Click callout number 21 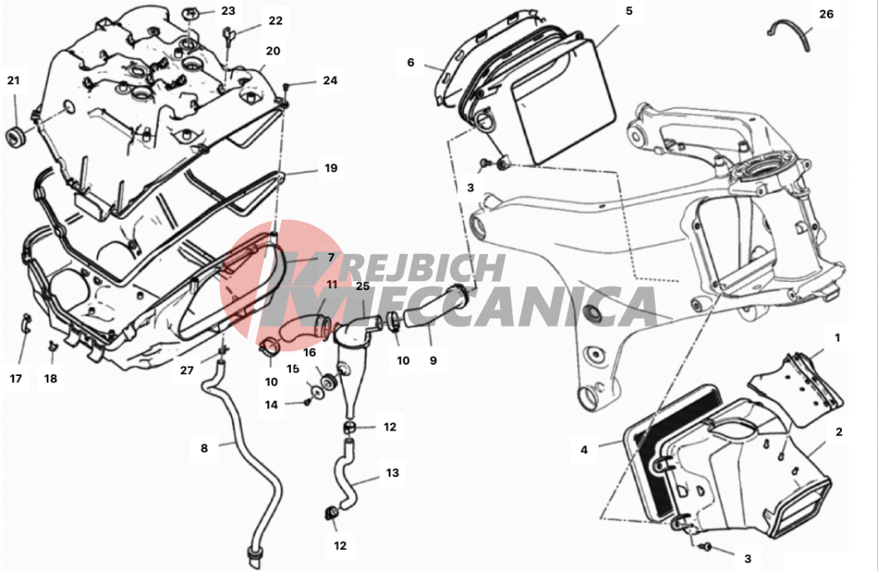13,81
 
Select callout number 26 826,14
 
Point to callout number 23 229,11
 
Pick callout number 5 628,11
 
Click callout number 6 411,62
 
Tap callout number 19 331,168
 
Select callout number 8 204,448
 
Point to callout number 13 393,473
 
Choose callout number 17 16,379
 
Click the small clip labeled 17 25,323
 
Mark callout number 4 584,450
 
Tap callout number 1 838,338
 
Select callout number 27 186,370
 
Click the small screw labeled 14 307,402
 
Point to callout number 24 330,81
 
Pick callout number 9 432,360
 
